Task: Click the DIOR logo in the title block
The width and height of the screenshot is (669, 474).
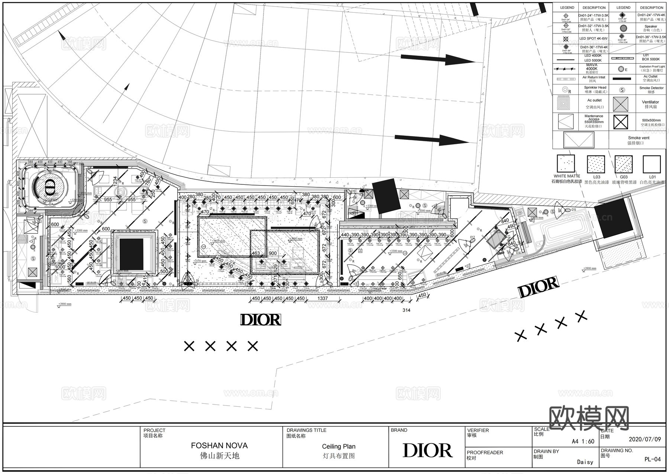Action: (427, 450)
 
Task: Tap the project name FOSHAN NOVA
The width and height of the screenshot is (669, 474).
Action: (219, 445)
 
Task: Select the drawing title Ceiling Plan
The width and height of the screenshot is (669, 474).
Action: (338, 446)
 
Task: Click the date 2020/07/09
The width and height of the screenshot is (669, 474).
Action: (644, 439)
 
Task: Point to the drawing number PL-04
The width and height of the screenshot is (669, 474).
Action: (652, 459)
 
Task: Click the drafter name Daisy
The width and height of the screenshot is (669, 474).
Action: (585, 462)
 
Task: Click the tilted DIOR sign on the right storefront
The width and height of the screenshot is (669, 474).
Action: (538, 287)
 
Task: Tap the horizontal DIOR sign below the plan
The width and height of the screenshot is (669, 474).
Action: (261, 320)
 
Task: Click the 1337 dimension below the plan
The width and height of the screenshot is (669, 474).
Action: (323, 299)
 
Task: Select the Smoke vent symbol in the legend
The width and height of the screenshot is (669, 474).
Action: (579, 140)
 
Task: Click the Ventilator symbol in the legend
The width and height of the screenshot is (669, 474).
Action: (621, 104)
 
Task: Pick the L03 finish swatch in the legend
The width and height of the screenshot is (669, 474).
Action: (596, 164)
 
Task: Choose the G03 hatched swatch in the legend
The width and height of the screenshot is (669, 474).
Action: (623, 164)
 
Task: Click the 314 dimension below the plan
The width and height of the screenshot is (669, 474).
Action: (406, 310)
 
